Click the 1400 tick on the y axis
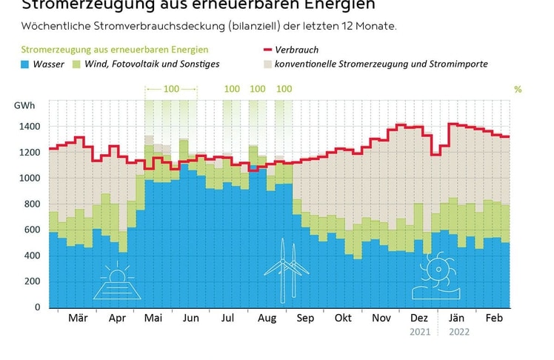pos(30,127)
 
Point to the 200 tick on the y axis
pos(32,281)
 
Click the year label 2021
pos(419,332)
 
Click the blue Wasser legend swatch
pos(27,64)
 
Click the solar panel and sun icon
pos(117,281)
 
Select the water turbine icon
pos(435,275)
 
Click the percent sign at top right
pos(518,90)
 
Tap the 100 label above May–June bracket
pos(171,89)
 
